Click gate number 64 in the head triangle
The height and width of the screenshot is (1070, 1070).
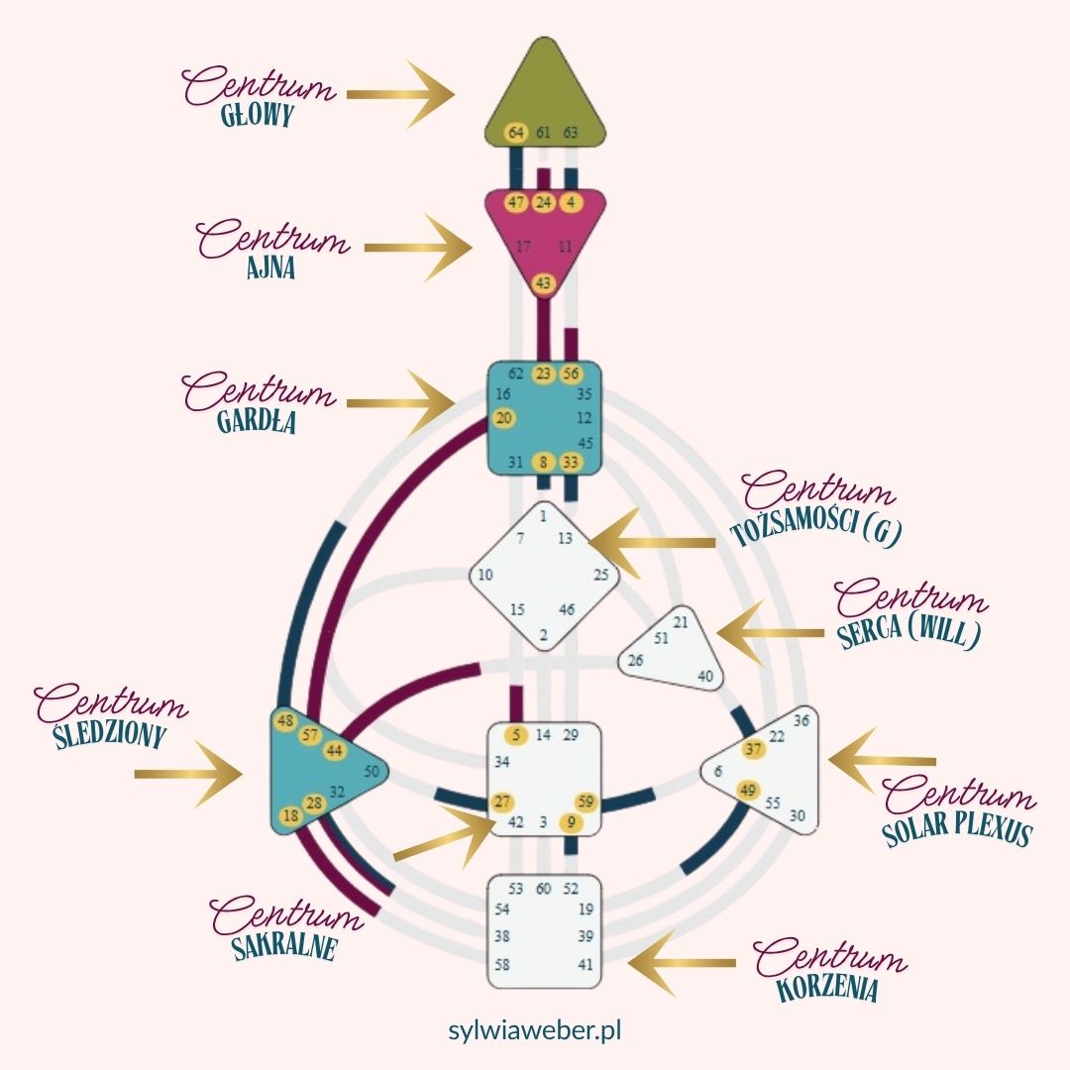[x=516, y=133]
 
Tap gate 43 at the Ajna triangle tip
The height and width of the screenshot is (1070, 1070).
[x=543, y=283]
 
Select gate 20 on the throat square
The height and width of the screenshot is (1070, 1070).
[x=503, y=418]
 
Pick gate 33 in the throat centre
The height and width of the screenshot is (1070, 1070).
[x=571, y=461]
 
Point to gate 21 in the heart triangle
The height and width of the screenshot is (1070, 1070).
[x=681, y=622]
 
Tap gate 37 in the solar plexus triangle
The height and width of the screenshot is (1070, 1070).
[x=754, y=749]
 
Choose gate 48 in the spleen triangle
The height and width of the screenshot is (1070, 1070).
[x=286, y=720]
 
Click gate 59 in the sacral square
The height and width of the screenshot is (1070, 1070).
[x=586, y=802]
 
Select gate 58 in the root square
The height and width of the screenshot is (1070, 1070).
[x=501, y=964]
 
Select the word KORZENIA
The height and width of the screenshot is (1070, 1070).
[x=828, y=988]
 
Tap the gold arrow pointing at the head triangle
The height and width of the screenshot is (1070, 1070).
[x=400, y=95]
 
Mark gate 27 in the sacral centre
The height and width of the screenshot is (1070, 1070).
[x=503, y=802]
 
